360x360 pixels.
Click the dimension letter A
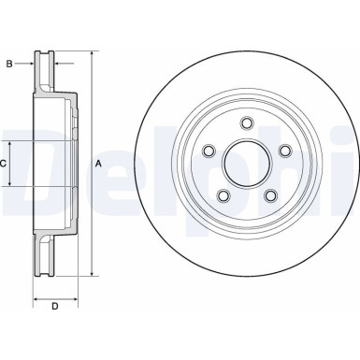click(x=99, y=164)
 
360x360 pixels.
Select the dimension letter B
click(x=9, y=63)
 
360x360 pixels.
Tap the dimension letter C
click(x=4, y=164)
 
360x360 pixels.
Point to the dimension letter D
click(x=55, y=306)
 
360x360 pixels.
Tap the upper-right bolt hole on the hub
click(x=283, y=149)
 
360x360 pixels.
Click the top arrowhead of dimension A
click(x=92, y=52)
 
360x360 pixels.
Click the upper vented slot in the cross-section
click(x=43, y=70)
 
